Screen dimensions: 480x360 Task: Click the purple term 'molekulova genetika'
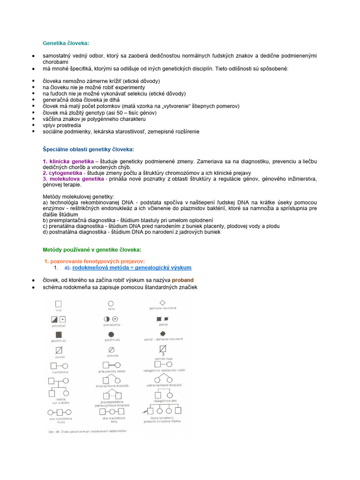pos(76,179)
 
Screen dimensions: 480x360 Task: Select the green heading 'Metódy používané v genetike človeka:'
pos(92,249)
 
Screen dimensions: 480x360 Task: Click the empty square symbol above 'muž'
pos(59,304)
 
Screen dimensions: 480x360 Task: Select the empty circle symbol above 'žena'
pos(111,304)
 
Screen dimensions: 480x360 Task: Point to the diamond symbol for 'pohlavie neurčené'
pos(163,302)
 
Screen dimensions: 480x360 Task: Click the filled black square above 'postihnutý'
pos(59,334)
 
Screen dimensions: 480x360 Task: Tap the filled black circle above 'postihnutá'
pos(111,334)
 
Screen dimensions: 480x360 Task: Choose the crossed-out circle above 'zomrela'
pos(111,349)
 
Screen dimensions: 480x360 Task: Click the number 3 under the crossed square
pos(163,354)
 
